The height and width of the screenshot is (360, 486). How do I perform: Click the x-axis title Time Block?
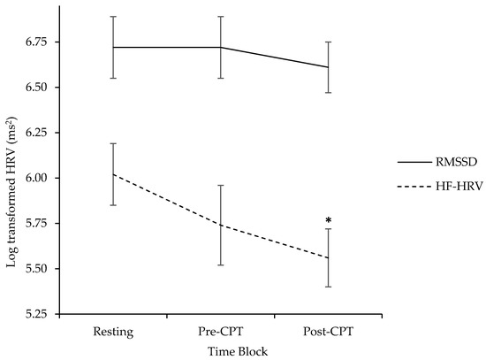220,350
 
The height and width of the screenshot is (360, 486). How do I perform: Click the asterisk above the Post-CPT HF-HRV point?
328,220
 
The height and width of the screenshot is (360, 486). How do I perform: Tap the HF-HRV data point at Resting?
113,174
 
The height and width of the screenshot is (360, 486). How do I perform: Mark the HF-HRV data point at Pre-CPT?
220,226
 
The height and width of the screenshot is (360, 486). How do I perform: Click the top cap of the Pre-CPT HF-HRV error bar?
220,186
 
